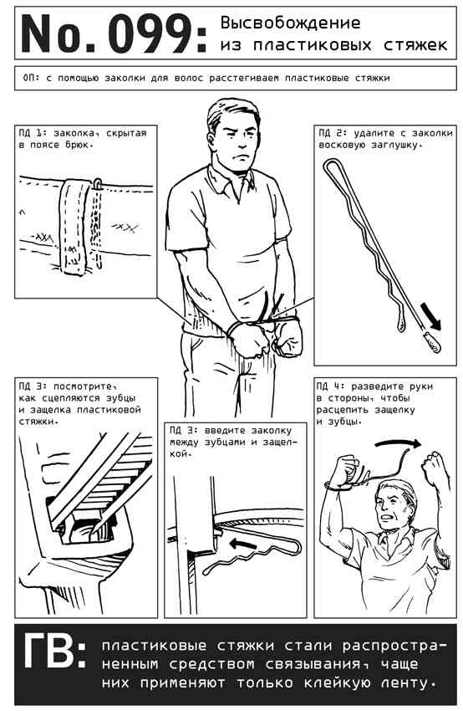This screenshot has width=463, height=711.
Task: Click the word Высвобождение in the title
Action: [290, 23]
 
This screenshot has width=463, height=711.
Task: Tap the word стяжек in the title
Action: [416, 45]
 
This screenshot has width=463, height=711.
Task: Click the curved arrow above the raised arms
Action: [398, 443]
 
